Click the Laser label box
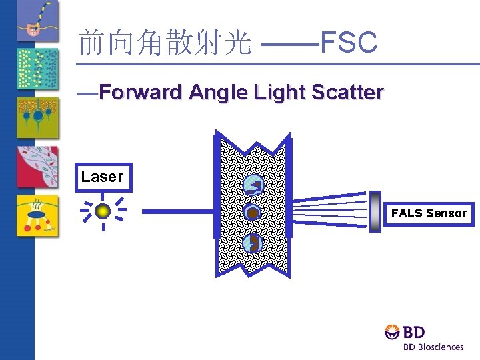[103, 177]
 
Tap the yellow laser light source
[102, 211]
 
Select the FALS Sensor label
[429, 213]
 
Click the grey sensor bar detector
[375, 211]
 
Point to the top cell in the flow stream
[253, 185]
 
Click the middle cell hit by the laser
[253, 213]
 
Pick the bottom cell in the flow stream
[252, 244]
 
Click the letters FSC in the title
[349, 43]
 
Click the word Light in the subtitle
[276, 92]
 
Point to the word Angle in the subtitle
[218, 92]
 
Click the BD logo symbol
[393, 331]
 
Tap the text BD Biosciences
[433, 347]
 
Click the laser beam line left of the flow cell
[177, 211]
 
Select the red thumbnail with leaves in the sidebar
[37, 167]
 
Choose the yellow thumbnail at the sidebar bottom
[37, 216]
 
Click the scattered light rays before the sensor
[330, 207]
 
